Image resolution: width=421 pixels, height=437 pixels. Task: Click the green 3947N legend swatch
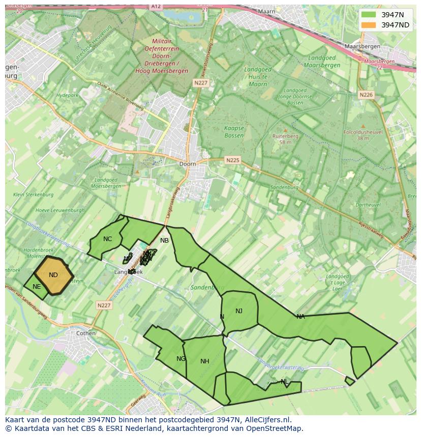pyautogui.click(x=369, y=15)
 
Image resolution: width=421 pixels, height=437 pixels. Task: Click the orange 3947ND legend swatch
pyautogui.click(x=369, y=25)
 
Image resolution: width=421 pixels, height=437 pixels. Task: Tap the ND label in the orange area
pyautogui.click(x=53, y=275)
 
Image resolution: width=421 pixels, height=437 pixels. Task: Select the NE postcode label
pyautogui.click(x=37, y=287)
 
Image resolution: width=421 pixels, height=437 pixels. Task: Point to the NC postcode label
pyautogui.click(x=107, y=239)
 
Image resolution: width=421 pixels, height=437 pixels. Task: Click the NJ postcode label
pyautogui.click(x=239, y=311)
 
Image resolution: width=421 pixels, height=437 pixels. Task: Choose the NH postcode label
pyautogui.click(x=204, y=361)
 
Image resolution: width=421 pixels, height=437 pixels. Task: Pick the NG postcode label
pyautogui.click(x=181, y=359)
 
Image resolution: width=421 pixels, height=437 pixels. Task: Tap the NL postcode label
pyautogui.click(x=284, y=382)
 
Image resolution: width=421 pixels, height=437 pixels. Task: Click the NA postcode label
pyautogui.click(x=300, y=317)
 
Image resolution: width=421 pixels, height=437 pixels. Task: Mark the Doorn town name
pyautogui.click(x=188, y=164)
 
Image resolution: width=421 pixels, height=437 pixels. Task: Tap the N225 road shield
pyautogui.click(x=232, y=160)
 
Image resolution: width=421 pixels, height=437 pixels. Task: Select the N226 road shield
pyautogui.click(x=366, y=95)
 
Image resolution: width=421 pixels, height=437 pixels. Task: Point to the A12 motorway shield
pyautogui.click(x=156, y=6)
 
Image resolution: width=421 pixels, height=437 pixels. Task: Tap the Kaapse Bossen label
pyautogui.click(x=234, y=132)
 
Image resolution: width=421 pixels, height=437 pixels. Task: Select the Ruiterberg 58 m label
pyautogui.click(x=285, y=139)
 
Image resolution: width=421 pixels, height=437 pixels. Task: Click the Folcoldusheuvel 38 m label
pyautogui.click(x=363, y=135)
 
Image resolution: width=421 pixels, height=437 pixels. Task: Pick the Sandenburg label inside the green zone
pyautogui.click(x=207, y=287)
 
